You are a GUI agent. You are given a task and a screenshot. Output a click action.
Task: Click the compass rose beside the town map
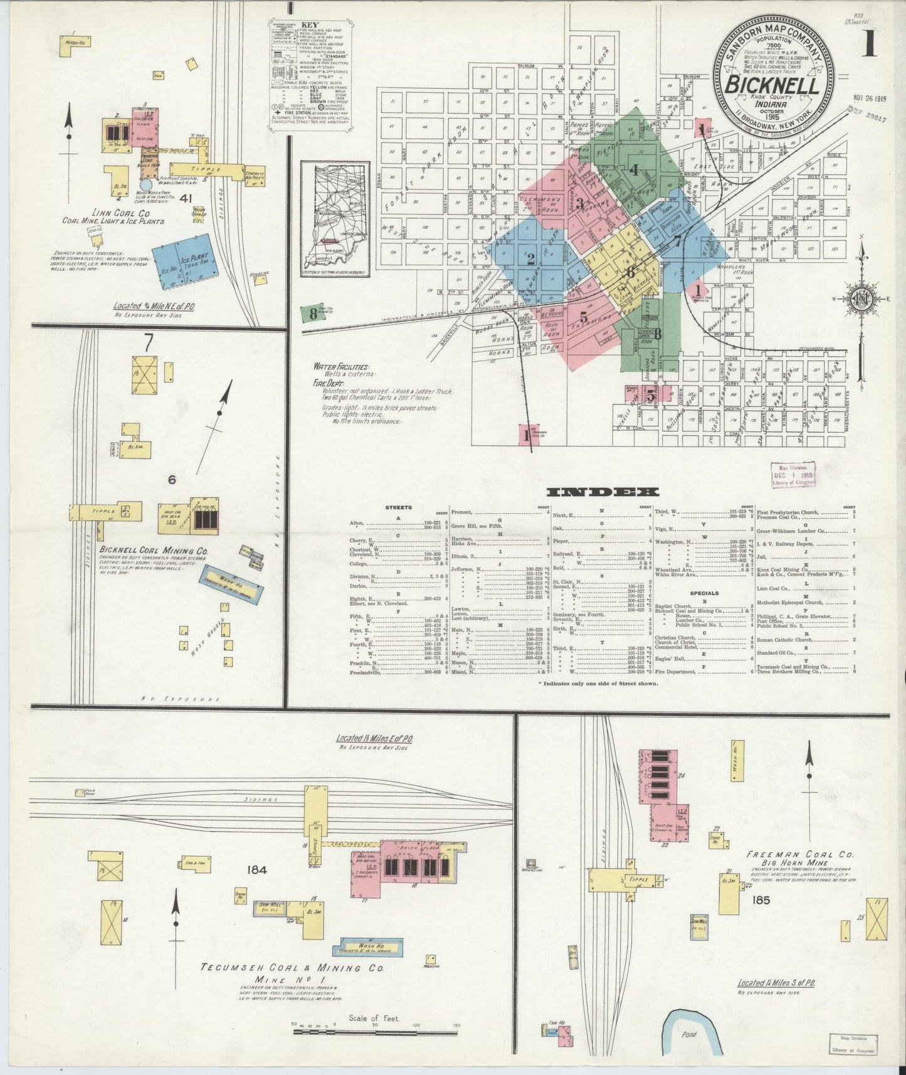click(x=863, y=297)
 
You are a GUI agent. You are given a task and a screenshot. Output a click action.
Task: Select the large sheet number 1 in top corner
click(x=868, y=44)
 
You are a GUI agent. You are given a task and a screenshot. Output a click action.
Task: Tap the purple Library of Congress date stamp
click(x=793, y=475)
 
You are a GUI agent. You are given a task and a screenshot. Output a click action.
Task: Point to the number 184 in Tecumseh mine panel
click(x=258, y=870)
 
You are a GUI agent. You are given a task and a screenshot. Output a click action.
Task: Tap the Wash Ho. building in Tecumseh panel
click(x=371, y=946)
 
